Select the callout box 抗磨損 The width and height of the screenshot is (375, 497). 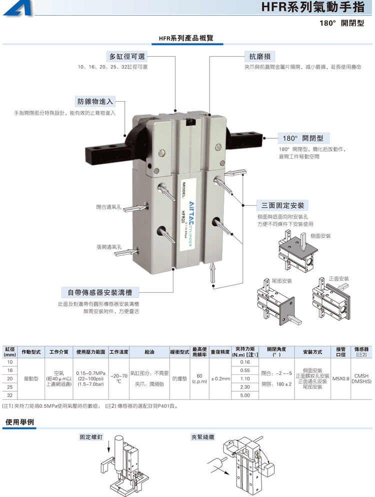point(259,56)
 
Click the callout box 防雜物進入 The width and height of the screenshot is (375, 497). point(95,102)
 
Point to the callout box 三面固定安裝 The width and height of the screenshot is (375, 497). point(282,205)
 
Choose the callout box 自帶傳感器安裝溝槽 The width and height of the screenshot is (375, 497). point(100,292)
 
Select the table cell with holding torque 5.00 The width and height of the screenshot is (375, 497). point(245,395)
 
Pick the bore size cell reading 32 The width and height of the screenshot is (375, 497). point(10,395)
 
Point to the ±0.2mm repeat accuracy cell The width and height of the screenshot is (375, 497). point(220,378)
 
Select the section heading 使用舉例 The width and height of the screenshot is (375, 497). point(20,422)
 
